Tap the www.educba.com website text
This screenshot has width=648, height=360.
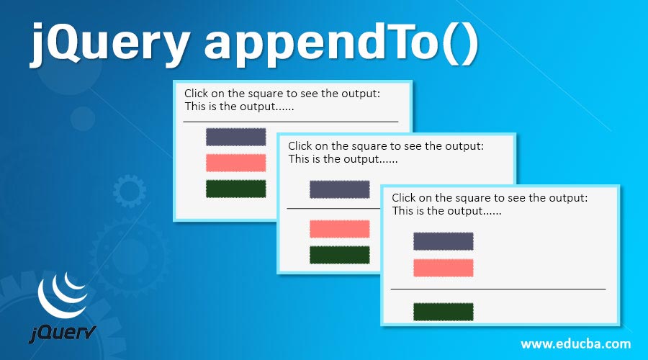tap(576, 343)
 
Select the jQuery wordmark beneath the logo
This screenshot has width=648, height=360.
tap(63, 333)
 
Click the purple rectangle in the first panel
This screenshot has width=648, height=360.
tap(235, 137)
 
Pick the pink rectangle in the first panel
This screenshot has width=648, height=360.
tap(235, 163)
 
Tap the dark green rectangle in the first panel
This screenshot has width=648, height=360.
tap(235, 189)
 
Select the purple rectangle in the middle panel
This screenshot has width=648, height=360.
tap(339, 189)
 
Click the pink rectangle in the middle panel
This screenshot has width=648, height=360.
tap(339, 229)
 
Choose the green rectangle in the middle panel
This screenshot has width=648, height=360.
tap(339, 255)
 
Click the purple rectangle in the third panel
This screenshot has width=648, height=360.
tap(443, 241)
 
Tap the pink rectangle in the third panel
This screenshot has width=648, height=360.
tap(443, 267)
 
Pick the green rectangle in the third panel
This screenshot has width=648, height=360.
tap(443, 311)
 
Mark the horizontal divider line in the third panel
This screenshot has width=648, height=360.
tap(498, 289)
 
